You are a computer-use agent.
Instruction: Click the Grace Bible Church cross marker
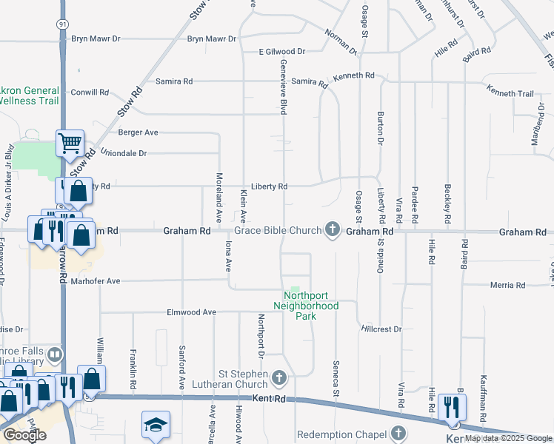[x=333, y=231]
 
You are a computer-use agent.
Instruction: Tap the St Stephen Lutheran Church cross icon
[x=279, y=379]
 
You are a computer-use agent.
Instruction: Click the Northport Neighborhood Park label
[x=306, y=306]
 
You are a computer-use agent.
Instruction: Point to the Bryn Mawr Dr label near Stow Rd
[x=211, y=38]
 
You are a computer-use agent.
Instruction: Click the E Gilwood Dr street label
[x=282, y=52]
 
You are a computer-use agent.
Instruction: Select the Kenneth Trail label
[x=510, y=94]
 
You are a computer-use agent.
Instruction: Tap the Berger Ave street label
[x=138, y=133]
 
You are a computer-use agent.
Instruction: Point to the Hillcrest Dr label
[x=381, y=329]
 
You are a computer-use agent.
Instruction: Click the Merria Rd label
[x=507, y=285]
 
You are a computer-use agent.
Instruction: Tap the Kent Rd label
[x=268, y=398]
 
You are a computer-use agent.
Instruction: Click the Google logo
[x=24, y=435]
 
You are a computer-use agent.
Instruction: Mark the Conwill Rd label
[x=90, y=93]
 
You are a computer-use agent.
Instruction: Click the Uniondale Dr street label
[x=124, y=154]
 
